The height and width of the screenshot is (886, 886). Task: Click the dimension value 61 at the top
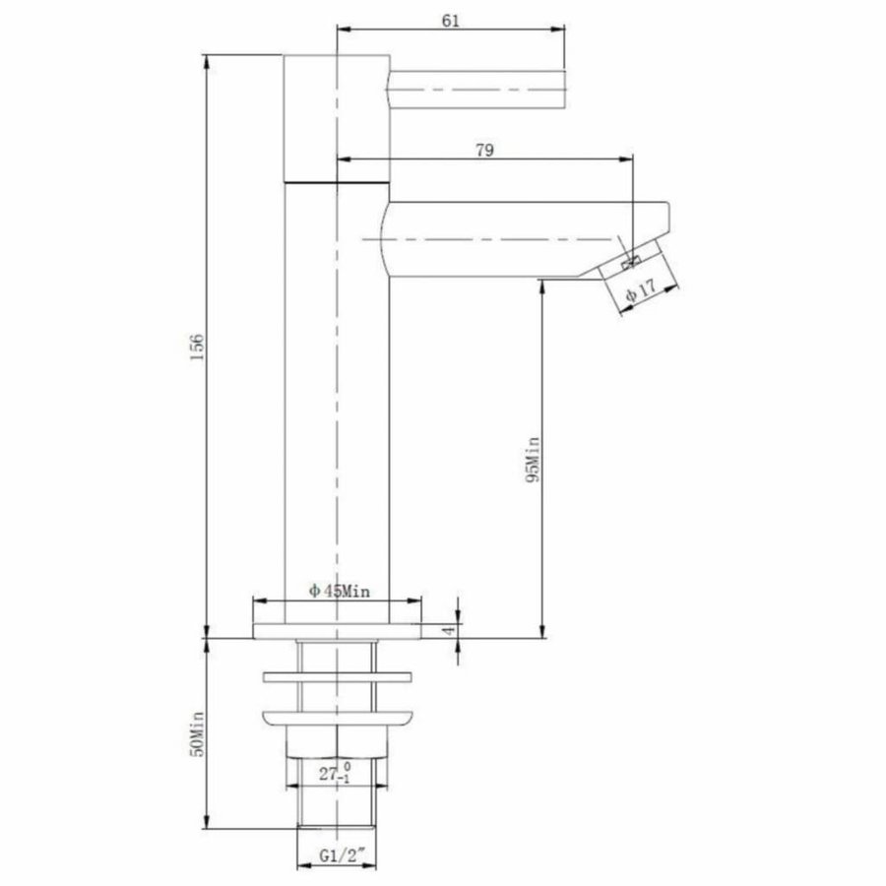click(x=452, y=21)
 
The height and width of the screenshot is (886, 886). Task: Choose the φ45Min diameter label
click(x=339, y=591)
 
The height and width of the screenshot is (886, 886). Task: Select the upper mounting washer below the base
click(x=337, y=677)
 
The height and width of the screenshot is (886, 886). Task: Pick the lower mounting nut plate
click(x=337, y=719)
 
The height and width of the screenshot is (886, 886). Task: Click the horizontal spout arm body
click(x=512, y=239)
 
